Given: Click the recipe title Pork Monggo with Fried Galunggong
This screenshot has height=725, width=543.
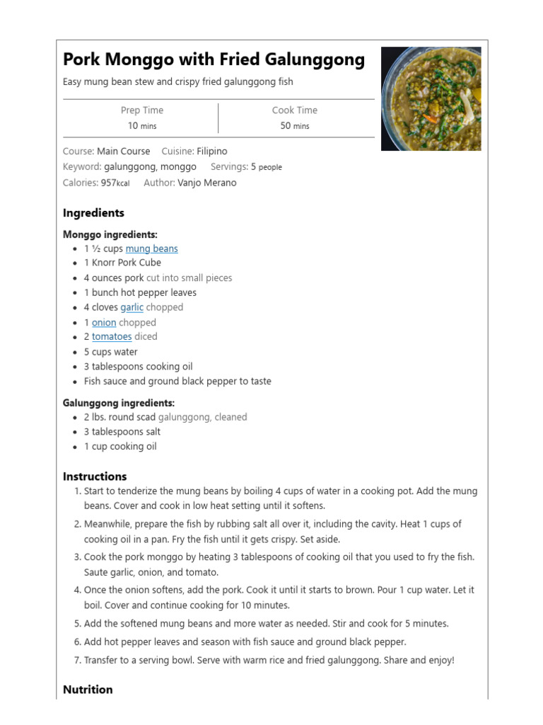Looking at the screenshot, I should click(214, 60).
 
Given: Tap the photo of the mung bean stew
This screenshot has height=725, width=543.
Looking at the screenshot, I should click(431, 98).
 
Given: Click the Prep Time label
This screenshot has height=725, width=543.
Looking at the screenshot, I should click(141, 110).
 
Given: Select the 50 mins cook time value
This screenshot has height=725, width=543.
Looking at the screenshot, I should click(295, 126).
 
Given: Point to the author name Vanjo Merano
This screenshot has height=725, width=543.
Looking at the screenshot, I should click(207, 183).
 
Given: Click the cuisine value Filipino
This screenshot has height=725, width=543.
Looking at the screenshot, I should click(212, 152).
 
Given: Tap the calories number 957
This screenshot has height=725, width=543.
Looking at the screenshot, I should click(108, 183).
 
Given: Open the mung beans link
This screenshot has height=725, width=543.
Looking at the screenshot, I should click(151, 249).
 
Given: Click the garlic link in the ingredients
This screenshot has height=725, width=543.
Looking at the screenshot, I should click(132, 307).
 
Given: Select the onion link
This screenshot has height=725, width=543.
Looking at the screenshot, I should click(104, 322).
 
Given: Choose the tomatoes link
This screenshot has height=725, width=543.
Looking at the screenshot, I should click(112, 337).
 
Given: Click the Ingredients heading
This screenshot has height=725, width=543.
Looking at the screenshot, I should click(93, 213).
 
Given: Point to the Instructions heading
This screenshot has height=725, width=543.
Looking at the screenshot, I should click(95, 476).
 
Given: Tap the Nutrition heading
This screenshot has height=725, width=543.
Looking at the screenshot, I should click(88, 690).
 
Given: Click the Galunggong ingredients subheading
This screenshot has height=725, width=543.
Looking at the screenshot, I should click(119, 403).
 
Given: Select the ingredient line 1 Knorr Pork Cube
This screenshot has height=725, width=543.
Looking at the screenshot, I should click(122, 263).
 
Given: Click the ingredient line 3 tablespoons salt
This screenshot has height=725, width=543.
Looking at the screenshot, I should click(122, 432).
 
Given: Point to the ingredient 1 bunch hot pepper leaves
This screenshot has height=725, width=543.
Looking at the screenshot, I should click(140, 292).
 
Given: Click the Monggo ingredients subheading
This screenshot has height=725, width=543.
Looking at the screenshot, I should click(110, 234).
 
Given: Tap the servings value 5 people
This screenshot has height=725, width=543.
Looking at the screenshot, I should click(266, 167).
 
